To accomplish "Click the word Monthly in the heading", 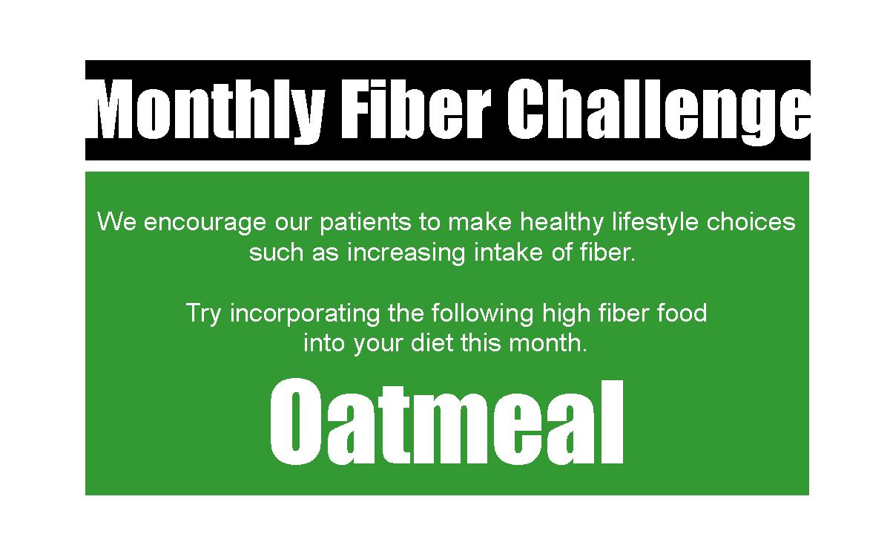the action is [210, 111].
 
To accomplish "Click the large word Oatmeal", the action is [446, 421].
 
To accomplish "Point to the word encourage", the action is [205, 224].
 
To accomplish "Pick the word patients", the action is [366, 223].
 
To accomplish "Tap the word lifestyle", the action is [655, 223].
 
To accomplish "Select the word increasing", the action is [406, 253].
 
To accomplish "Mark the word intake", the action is [508, 253].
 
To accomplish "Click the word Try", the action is [203, 314].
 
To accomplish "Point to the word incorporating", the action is [305, 314].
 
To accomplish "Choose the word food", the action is [682, 313].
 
